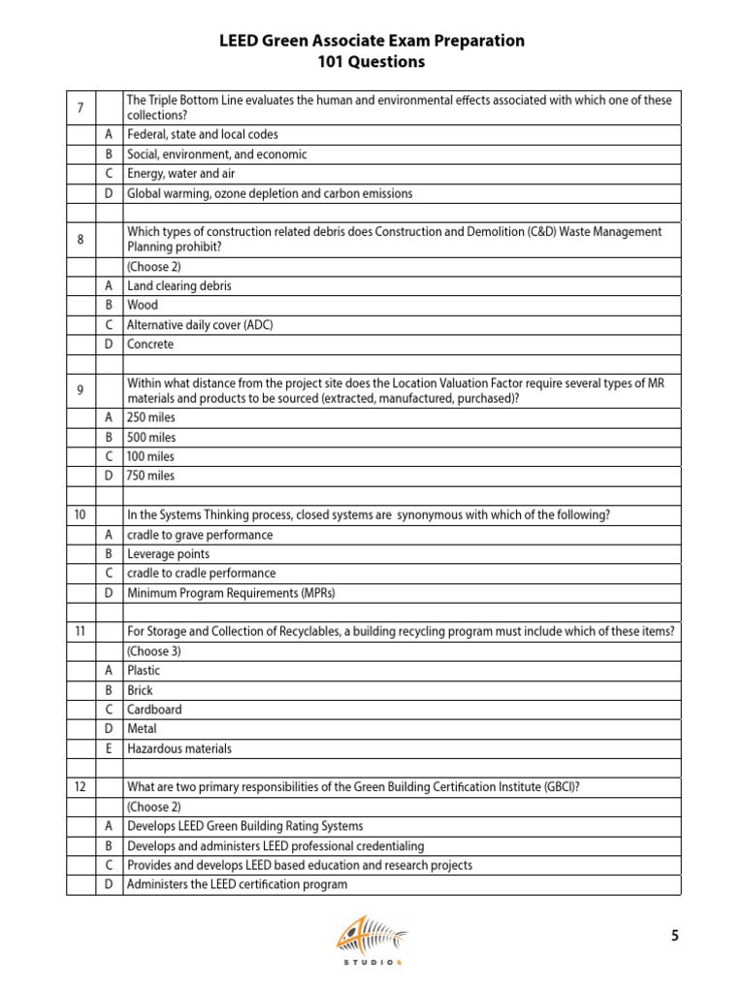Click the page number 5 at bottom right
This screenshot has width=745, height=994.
[x=675, y=936]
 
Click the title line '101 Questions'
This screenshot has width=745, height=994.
[x=372, y=62]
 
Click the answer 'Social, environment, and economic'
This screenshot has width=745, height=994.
[x=217, y=154]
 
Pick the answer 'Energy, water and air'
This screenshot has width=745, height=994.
[x=181, y=174]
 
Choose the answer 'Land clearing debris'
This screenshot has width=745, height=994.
[x=179, y=286]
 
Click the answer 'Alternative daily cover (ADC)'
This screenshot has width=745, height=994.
[x=200, y=325]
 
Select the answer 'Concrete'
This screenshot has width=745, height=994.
[x=151, y=345]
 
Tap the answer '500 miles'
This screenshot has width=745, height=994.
[x=151, y=437]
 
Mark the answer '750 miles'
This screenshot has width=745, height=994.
[x=151, y=476]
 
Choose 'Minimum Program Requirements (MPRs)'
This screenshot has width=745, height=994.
[x=231, y=593]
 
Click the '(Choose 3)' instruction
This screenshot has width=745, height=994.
[x=154, y=650]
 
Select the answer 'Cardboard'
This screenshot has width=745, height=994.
[x=154, y=710]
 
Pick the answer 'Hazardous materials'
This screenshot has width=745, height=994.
[x=179, y=748]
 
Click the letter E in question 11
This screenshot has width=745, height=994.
[x=109, y=748]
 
